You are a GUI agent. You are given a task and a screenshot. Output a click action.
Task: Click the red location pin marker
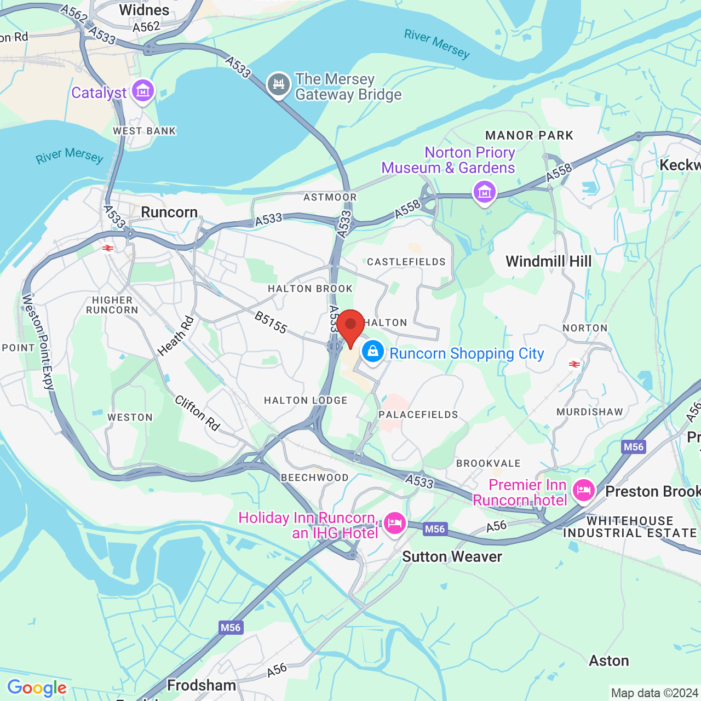click(350, 325)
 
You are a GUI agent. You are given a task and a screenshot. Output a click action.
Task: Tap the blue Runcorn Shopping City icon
click(373, 352)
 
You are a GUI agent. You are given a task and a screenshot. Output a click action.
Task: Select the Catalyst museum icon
click(143, 91)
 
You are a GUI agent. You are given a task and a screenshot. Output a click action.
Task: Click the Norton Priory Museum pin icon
click(485, 192)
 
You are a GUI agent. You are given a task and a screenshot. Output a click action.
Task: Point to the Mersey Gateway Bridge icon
click(279, 85)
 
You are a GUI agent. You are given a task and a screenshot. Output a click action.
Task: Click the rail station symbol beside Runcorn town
click(108, 248)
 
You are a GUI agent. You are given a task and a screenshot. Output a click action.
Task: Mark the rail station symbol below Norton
click(574, 364)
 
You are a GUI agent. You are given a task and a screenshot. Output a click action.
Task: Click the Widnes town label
click(144, 10)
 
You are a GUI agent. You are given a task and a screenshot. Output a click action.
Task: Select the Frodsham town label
click(202, 685)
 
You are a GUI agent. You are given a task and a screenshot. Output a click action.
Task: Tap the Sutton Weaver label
click(452, 557)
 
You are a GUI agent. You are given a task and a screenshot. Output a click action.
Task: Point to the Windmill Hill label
click(549, 261)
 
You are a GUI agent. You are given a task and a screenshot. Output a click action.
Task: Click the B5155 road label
click(271, 323)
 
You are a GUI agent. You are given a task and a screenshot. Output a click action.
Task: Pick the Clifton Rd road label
click(197, 413)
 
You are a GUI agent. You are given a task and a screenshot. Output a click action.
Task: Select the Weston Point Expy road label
click(38, 342)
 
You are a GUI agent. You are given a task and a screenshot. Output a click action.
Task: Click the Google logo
click(37, 688)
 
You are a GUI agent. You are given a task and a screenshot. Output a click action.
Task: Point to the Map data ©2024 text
click(654, 693)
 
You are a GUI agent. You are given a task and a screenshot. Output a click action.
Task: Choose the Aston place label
click(608, 661)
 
